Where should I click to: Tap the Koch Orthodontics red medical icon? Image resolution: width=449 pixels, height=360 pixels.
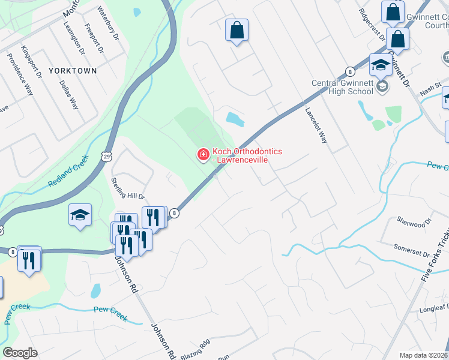[203, 155]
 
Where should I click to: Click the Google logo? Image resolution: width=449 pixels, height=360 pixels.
[20, 353]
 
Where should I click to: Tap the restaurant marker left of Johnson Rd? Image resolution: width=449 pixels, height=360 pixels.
[29, 259]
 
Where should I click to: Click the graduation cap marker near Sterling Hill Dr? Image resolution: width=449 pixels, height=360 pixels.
[79, 215]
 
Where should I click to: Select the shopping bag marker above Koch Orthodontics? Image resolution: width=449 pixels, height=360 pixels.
[237, 29]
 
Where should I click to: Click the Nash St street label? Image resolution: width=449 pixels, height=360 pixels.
[430, 89]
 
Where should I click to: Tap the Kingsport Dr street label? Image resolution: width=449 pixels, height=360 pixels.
[31, 62]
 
